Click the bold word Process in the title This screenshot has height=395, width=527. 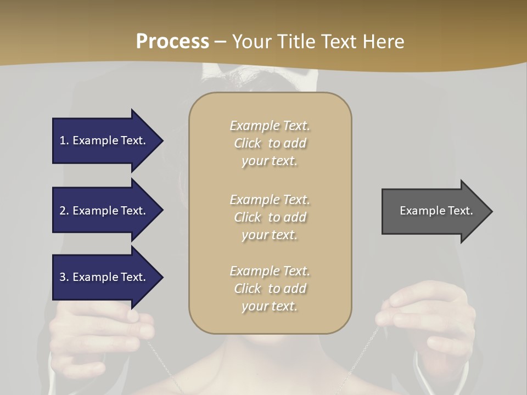pyautogui.click(x=172, y=42)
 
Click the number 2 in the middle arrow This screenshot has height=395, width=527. pyautogui.click(x=63, y=211)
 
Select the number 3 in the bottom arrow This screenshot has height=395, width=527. pyautogui.click(x=63, y=277)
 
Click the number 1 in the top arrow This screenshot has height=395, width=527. pyautogui.click(x=63, y=140)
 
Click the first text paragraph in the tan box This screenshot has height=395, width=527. pyautogui.click(x=270, y=143)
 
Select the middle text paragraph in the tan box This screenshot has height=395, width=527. pyautogui.click(x=270, y=217)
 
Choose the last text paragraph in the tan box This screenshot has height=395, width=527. pyautogui.click(x=270, y=289)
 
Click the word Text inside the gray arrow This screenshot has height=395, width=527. pyautogui.click(x=459, y=211)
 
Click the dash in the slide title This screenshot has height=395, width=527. pyautogui.click(x=220, y=42)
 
